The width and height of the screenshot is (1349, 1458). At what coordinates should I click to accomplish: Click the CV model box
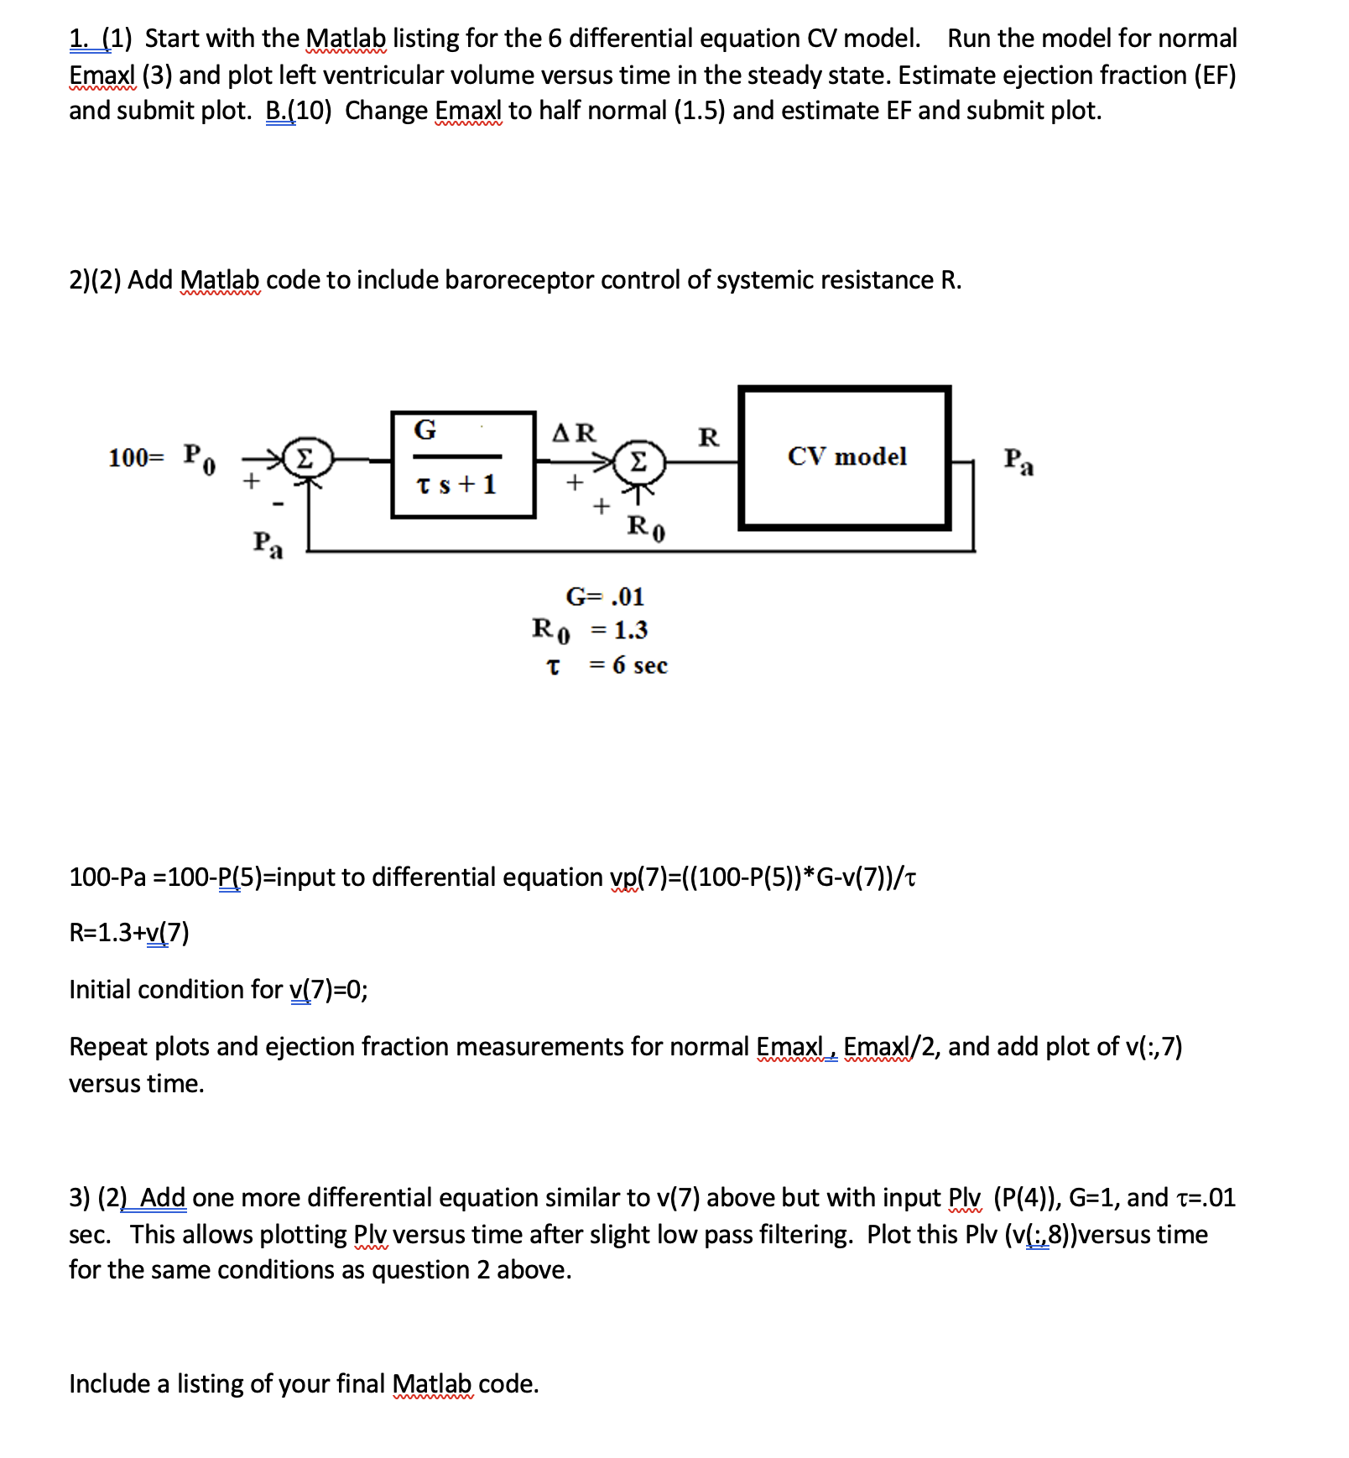pyautogui.click(x=845, y=458)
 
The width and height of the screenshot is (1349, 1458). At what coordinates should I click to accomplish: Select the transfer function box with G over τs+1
pyautogui.click(x=463, y=465)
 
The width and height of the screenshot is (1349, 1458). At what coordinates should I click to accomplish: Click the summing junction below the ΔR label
pyautogui.click(x=638, y=461)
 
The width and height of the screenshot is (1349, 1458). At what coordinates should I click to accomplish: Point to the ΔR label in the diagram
pyautogui.click(x=574, y=433)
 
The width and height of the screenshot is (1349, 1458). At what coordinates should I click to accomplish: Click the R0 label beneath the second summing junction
pyautogui.click(x=646, y=528)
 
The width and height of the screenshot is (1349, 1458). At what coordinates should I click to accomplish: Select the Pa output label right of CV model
pyautogui.click(x=1018, y=461)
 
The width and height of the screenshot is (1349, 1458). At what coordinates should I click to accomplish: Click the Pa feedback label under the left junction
pyautogui.click(x=268, y=544)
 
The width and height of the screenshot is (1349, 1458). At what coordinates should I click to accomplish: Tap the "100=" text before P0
pyautogui.click(x=137, y=458)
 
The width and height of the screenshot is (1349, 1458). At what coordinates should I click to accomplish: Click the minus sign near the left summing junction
pyautogui.click(x=279, y=504)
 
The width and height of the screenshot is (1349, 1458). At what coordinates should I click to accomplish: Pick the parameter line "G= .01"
pyautogui.click(x=605, y=596)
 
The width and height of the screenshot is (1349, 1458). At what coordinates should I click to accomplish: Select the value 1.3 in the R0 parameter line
pyautogui.click(x=631, y=630)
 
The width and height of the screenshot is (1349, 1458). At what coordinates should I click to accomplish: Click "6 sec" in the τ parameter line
pyautogui.click(x=640, y=665)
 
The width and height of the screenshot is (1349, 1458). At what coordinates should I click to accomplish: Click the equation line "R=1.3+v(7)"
pyautogui.click(x=129, y=932)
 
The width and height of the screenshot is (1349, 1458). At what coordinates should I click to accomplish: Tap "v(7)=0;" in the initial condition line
pyautogui.click(x=329, y=990)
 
